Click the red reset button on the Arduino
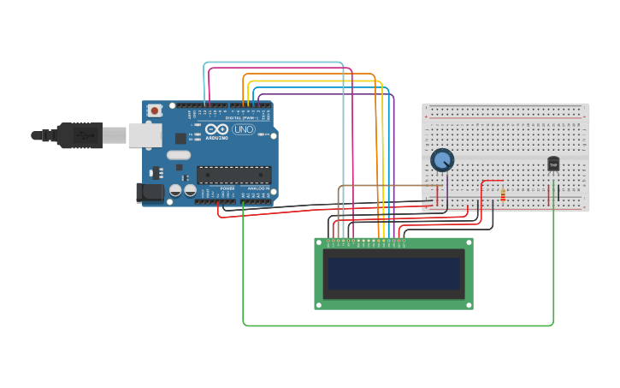[155, 110]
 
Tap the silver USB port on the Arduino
[145, 134]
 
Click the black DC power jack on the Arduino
[151, 194]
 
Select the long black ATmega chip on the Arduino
[233, 175]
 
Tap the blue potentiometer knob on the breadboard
[442, 160]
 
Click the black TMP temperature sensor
[553, 164]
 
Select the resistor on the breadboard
[502, 195]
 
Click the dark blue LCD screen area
[393, 273]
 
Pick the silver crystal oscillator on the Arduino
[179, 155]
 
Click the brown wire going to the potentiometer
[385, 186]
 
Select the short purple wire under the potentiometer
[446, 193]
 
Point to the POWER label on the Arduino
[227, 188]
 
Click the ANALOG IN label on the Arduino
[258, 188]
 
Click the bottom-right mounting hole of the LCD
[467, 304]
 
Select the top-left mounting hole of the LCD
[320, 243]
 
